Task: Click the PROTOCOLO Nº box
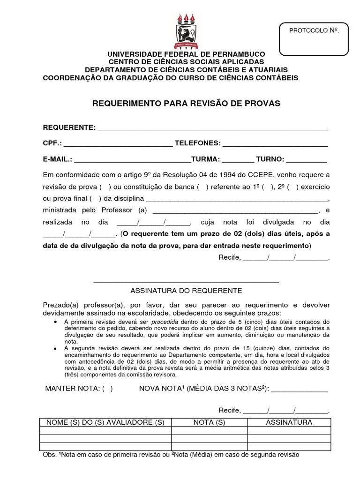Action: tap(314, 39)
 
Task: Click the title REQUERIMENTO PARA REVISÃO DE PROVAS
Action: tap(187, 103)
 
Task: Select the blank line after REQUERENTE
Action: tap(212, 129)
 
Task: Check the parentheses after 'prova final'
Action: tap(96, 198)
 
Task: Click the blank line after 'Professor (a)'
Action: tap(236, 210)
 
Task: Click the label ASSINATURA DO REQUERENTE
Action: tap(186, 291)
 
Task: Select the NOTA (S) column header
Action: tap(210, 422)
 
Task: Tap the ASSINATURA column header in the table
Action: tap(289, 422)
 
